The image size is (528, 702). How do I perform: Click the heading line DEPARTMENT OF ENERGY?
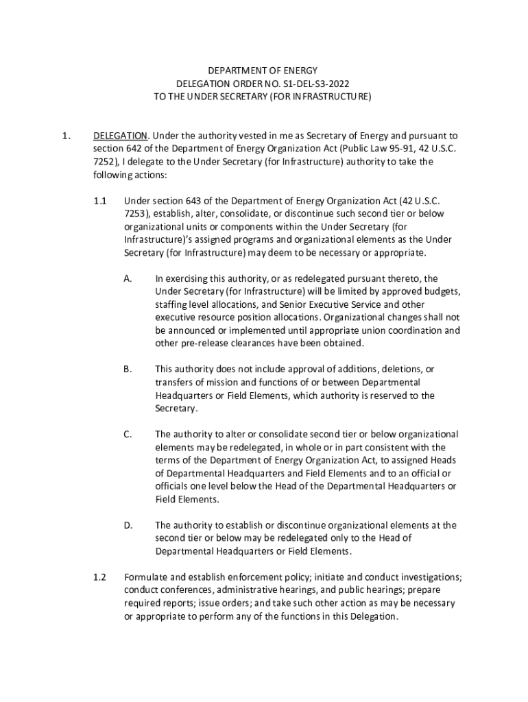263,71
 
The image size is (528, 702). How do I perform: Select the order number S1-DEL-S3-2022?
315,84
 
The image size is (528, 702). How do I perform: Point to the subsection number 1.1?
100,201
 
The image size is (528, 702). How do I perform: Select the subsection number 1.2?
100,577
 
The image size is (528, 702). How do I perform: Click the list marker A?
128,278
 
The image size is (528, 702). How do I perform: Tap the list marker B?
128,370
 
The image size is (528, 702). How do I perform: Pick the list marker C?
128,435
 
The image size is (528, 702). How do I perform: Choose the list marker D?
128,526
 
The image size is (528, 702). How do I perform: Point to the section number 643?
195,201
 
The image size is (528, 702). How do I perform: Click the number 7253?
136,214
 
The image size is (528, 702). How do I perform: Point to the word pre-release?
205,343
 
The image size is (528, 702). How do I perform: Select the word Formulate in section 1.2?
145,577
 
